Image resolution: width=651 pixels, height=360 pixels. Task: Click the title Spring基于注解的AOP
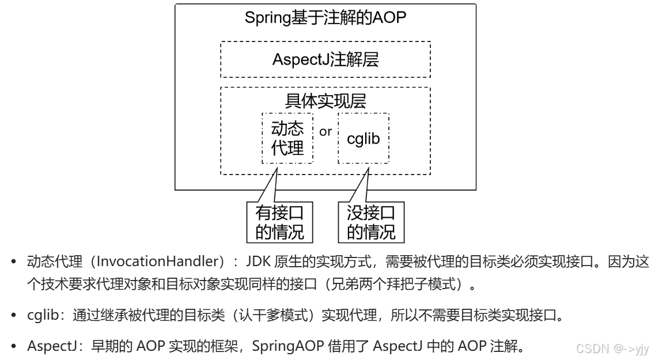point(325,17)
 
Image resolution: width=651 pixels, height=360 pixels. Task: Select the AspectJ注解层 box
point(325,59)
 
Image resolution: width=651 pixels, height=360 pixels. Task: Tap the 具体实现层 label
point(325,101)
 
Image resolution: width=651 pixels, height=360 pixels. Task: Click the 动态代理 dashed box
point(287,138)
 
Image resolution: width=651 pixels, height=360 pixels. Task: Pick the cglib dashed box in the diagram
point(363,138)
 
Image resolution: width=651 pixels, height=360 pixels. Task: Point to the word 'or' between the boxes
point(325,131)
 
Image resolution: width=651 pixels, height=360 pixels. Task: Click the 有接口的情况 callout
point(279,222)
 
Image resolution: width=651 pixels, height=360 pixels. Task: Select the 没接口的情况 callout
point(371,222)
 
